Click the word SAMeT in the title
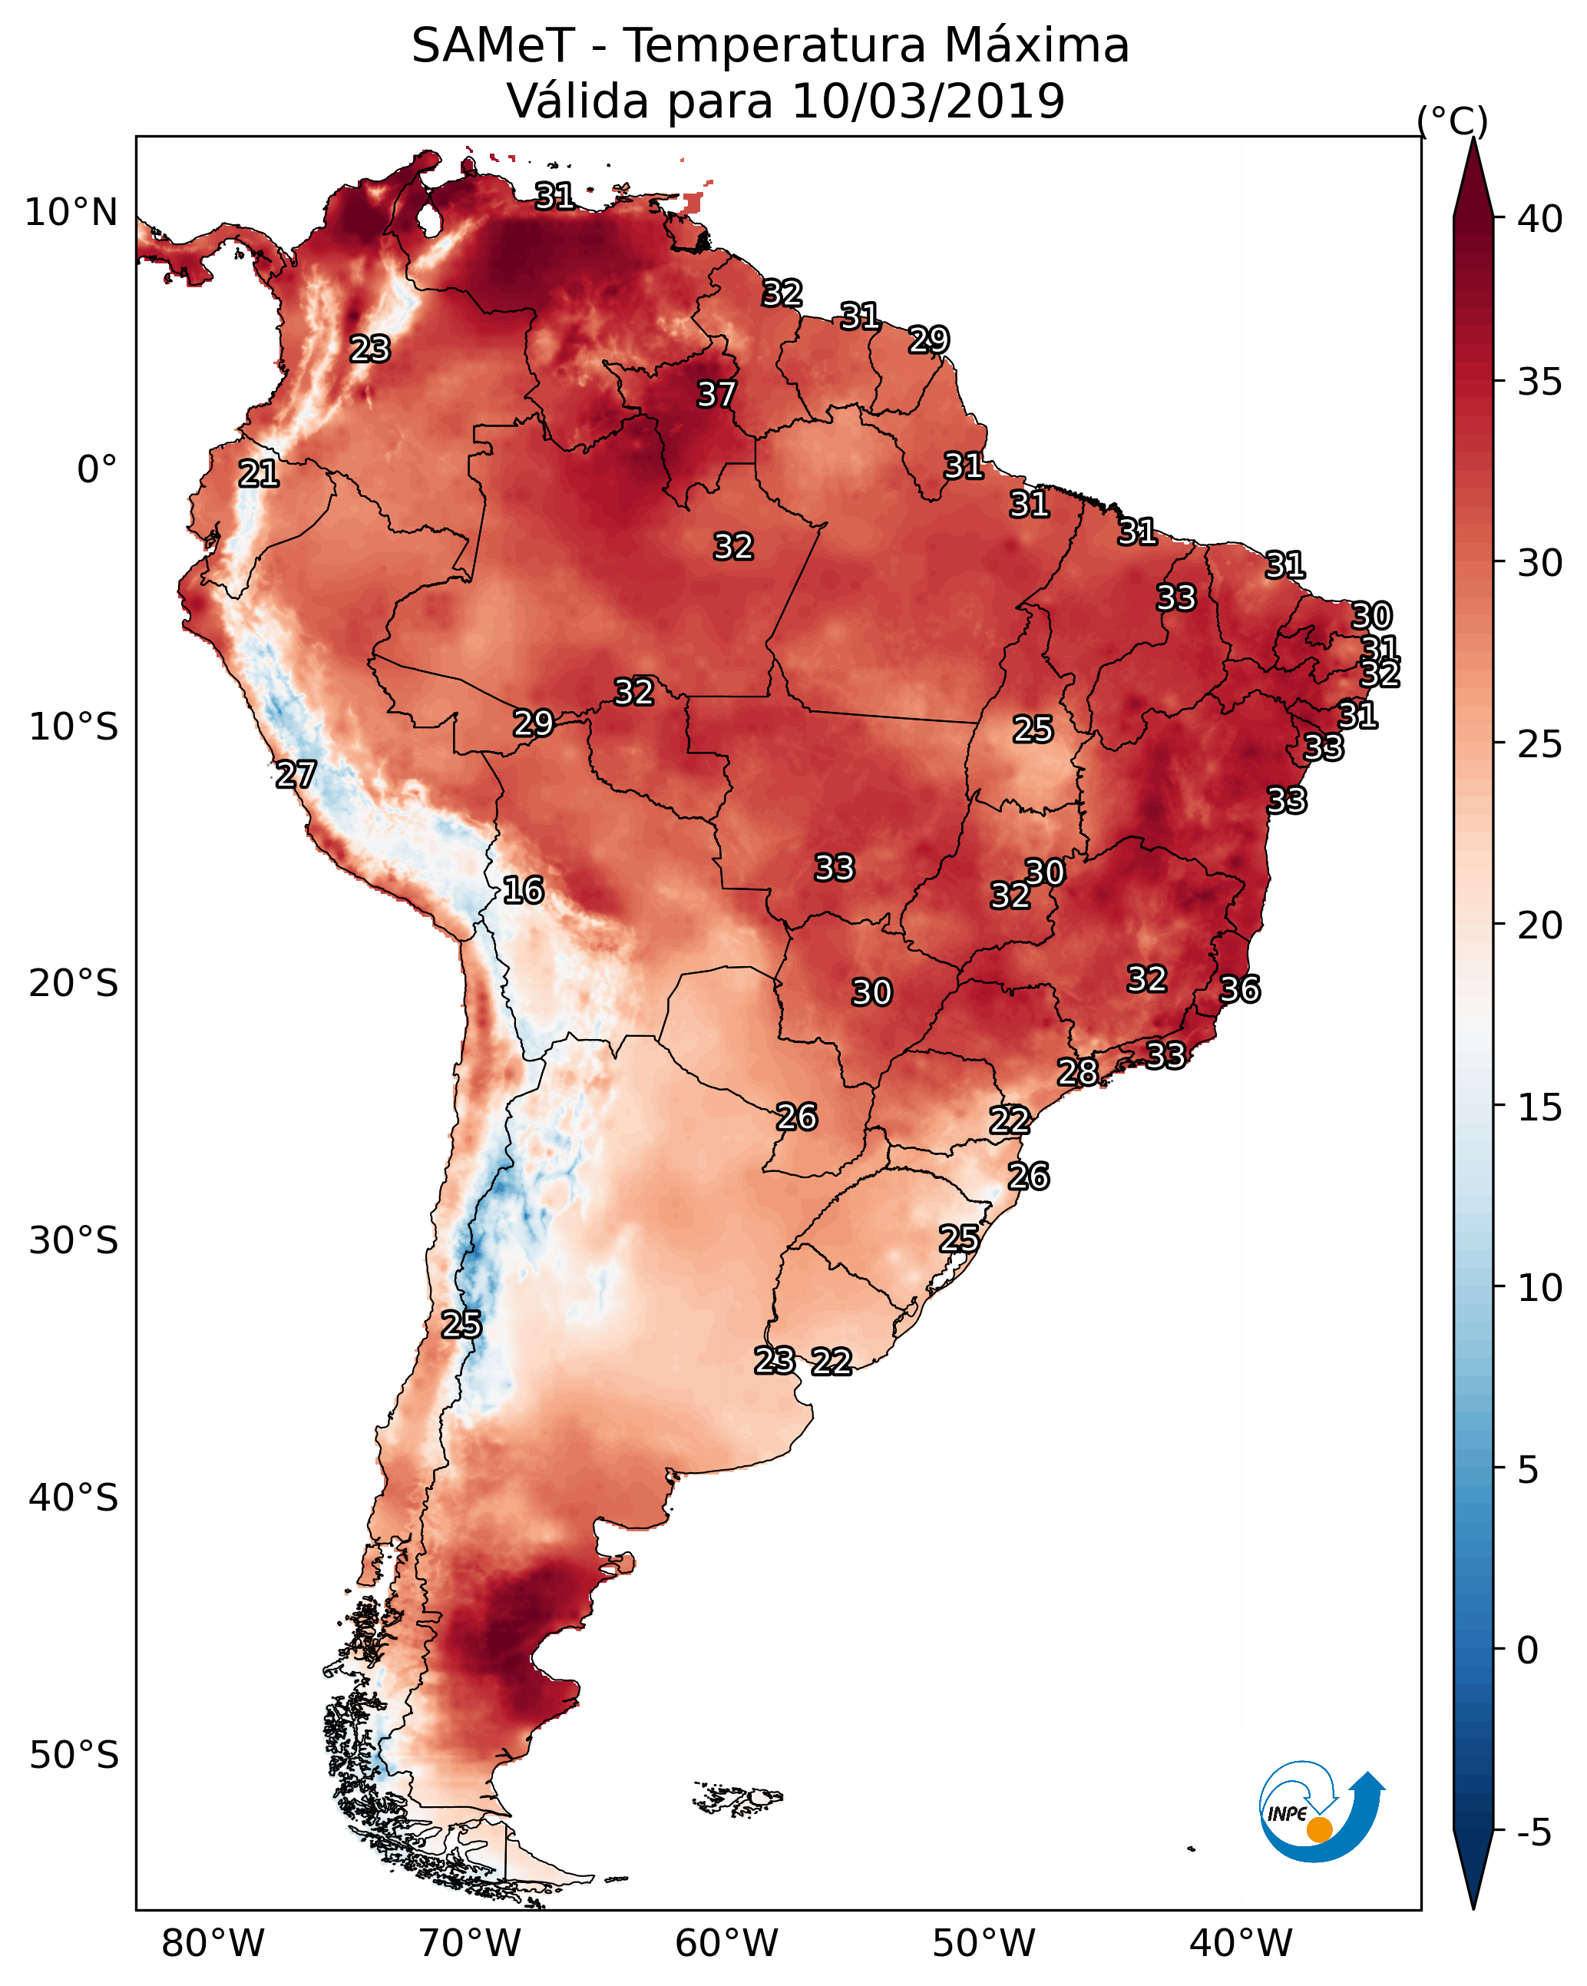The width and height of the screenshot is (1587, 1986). coord(493,46)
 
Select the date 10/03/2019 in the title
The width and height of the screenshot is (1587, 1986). coord(927,101)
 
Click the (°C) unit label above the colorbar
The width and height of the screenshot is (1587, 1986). coord(1453,121)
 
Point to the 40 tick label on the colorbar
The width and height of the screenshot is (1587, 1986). coord(1540,219)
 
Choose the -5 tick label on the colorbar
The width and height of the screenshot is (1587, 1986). coord(1533,1833)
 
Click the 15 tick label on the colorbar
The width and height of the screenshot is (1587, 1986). coord(1540,1107)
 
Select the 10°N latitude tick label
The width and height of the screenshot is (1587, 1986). coord(71,213)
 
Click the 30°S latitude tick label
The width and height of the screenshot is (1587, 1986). coord(74,1241)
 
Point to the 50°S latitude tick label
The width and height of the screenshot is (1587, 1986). coord(74,1756)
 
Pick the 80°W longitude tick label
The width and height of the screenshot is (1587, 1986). coord(213,1944)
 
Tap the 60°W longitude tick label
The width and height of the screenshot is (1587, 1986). coord(727,1944)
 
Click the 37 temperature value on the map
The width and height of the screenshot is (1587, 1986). coord(716,394)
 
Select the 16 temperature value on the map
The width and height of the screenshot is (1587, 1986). coord(523,890)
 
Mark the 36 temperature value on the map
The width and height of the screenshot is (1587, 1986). coord(1240,989)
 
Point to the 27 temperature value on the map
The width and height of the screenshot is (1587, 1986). coord(296,775)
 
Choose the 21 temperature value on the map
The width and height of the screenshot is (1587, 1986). coord(259,475)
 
